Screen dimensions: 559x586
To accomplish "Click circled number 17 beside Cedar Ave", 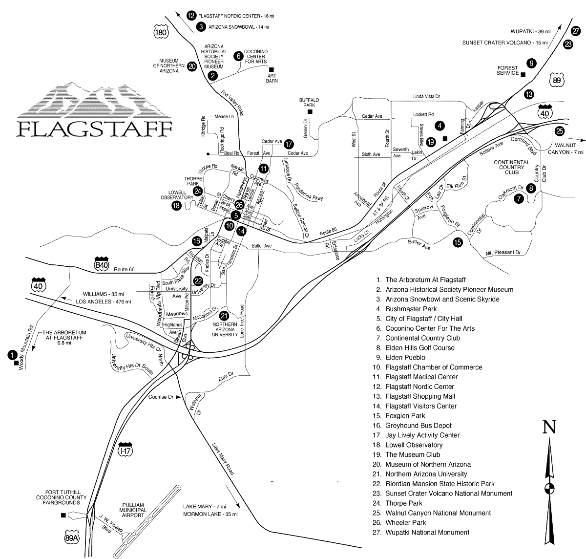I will click(x=290, y=145).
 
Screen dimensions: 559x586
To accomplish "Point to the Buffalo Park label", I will click(x=309, y=102).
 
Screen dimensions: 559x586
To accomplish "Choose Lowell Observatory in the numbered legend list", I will click(x=414, y=445).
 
